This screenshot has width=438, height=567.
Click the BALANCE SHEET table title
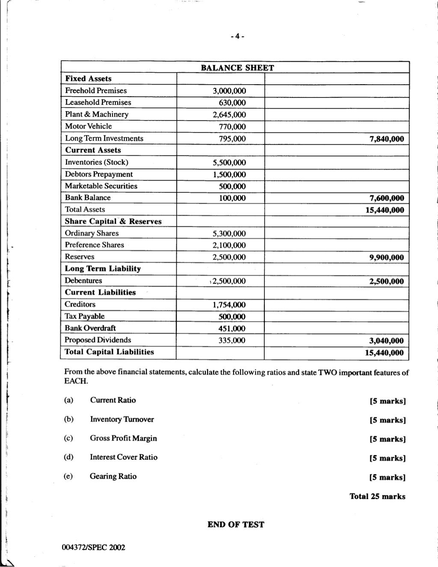[237, 68]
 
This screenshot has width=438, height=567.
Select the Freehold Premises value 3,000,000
[229, 91]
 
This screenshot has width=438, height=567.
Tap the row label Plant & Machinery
[97, 114]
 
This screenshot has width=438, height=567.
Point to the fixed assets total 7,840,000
[387, 139]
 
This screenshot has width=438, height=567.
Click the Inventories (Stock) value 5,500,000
[229, 162]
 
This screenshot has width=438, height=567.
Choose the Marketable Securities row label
[101, 186]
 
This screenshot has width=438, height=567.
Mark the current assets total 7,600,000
[387, 198]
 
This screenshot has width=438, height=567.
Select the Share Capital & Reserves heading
[113, 221]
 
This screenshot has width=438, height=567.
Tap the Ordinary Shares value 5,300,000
[229, 233]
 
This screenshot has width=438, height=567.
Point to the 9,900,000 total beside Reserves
[387, 257]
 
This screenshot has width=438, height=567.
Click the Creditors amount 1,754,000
[229, 305]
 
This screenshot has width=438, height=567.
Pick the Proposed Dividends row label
[98, 340]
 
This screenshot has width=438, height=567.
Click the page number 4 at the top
[237, 37]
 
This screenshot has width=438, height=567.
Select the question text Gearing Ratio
[113, 476]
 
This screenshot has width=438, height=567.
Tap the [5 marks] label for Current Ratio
[387, 401]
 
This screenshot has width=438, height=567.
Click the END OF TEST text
[236, 525]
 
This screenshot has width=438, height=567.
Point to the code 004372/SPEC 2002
[94, 548]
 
